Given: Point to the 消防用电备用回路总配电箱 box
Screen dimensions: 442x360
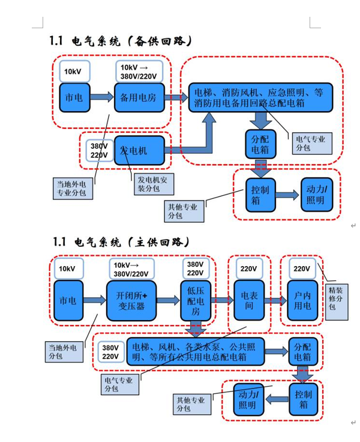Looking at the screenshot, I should click(260, 98).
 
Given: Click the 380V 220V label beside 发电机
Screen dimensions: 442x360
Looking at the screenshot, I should click(99, 150).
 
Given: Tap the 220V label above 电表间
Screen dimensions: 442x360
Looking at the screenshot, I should click(248, 268).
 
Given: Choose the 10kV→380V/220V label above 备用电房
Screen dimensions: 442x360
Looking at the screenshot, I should click(139, 71).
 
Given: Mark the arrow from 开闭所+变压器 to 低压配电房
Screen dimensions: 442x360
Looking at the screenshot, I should click(168, 299).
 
